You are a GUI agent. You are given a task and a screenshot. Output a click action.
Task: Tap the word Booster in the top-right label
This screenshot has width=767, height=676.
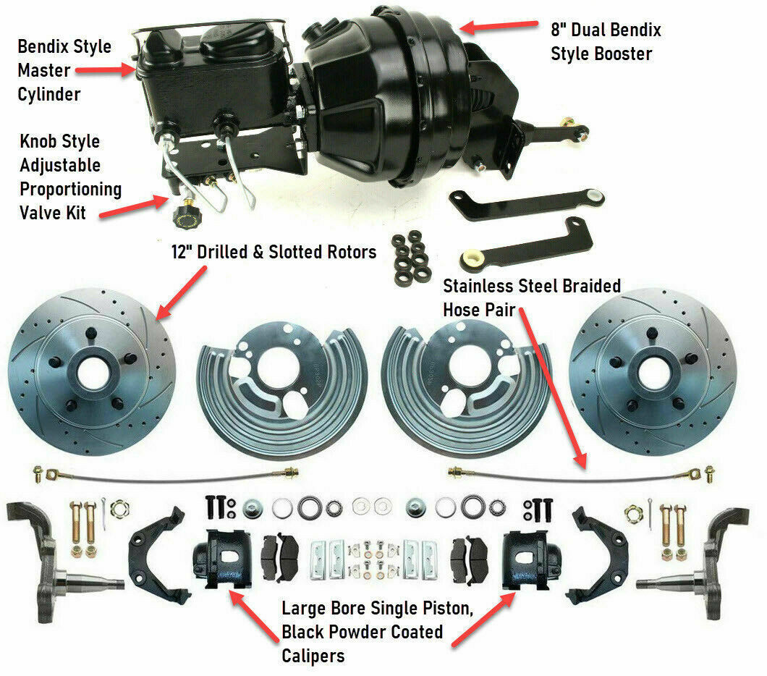pos(621,54)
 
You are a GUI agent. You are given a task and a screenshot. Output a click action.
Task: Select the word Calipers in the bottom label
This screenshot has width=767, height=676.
pos(313,656)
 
